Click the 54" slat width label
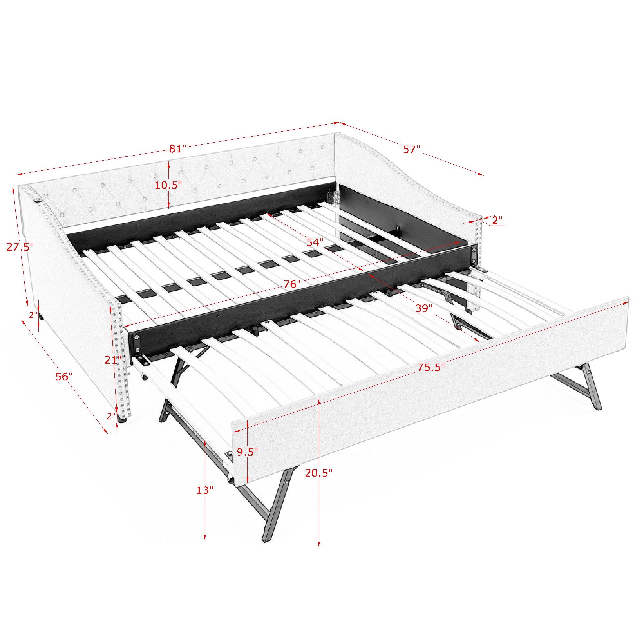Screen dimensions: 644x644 point(315,242)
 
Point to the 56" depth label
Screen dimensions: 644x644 point(64,376)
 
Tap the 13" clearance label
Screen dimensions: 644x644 point(204,490)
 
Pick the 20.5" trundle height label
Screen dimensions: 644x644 point(319,473)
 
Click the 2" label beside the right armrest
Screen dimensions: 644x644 point(497,220)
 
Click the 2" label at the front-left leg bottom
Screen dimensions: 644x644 point(111,416)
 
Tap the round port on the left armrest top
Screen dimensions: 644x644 point(38,201)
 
